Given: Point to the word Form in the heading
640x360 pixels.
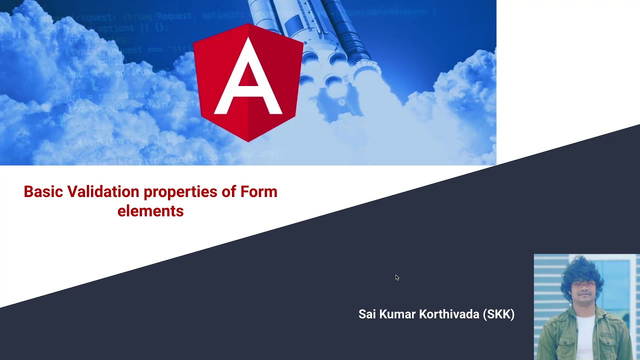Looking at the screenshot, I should click(258, 192).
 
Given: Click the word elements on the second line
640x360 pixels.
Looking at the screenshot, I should click(150, 211).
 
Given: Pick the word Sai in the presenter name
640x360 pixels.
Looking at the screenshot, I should click(367, 314).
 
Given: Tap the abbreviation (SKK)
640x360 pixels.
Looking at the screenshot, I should click(498, 314).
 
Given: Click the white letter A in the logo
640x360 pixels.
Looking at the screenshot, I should click(248, 80).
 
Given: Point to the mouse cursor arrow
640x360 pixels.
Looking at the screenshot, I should click(397, 277).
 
